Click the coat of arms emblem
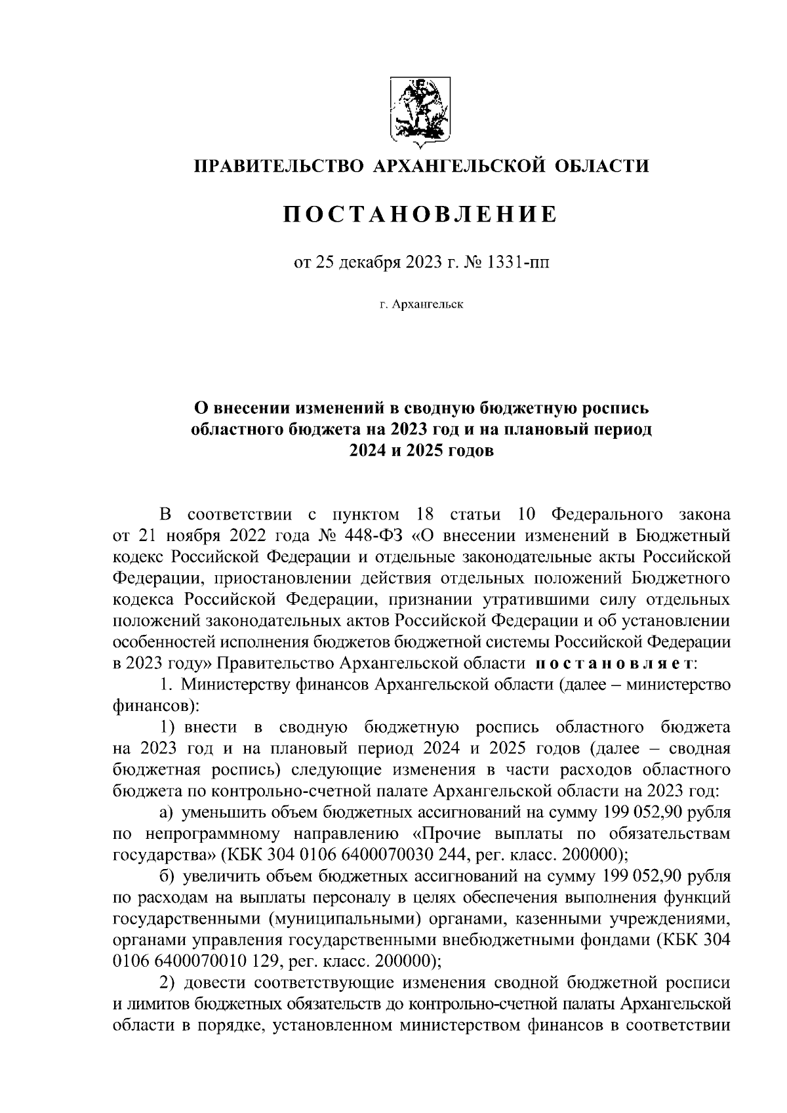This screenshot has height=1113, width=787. coord(420,110)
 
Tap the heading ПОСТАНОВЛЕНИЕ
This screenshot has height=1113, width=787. coord(420,214)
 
